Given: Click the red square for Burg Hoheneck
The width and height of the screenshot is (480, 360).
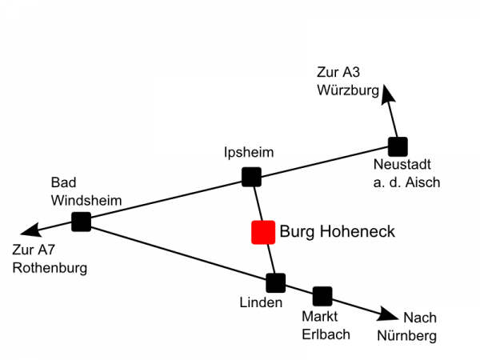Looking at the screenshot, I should [x=263, y=232].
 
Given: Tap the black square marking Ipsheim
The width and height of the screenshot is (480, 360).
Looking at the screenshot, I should [x=251, y=176].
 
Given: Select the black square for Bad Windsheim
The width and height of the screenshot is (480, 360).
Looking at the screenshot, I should [x=81, y=222].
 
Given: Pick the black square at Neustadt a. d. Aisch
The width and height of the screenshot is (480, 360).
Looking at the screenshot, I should [x=398, y=146].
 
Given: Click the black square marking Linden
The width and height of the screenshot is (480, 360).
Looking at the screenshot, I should [x=275, y=282].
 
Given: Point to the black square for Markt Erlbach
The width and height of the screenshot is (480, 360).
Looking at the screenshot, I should [x=322, y=296].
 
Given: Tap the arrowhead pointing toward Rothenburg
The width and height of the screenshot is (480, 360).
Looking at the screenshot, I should [x=29, y=232].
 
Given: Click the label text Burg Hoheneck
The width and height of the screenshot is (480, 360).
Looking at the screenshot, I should [x=337, y=232].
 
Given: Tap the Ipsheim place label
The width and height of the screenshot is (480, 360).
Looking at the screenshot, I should [x=249, y=152].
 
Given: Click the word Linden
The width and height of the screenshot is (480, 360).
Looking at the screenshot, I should [x=261, y=302].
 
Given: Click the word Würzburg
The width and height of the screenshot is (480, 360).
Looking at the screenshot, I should [x=346, y=90].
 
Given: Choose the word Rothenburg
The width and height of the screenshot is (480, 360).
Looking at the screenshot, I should [x=50, y=267].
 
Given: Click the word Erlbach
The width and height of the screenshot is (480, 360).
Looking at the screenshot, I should [x=326, y=334].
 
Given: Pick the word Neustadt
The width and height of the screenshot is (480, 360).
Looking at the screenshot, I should [x=402, y=166].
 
